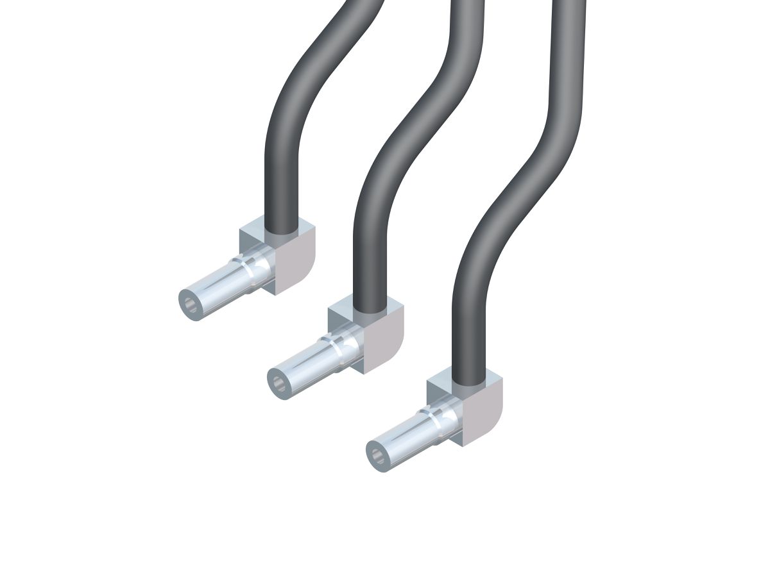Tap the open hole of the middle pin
click(278, 383)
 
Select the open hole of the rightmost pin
click(377, 455)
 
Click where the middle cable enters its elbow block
click(370, 309)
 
